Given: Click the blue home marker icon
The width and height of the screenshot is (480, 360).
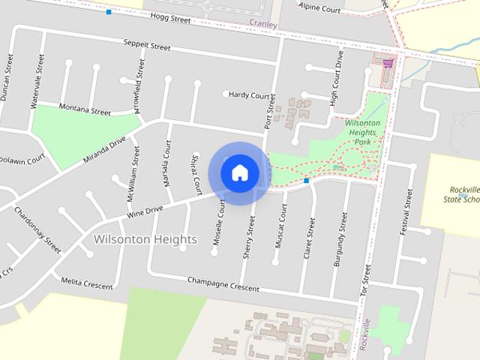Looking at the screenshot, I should (239, 172).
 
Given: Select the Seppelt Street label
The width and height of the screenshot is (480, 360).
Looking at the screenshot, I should (147, 46).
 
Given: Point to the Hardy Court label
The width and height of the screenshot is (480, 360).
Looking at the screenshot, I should (250, 95).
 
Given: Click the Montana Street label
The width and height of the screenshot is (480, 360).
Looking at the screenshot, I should (85, 109).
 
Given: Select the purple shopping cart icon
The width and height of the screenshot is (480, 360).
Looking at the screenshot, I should (388, 64).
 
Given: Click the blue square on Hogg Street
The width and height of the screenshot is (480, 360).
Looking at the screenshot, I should (109, 12).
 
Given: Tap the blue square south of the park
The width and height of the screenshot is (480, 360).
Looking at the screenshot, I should (307, 181).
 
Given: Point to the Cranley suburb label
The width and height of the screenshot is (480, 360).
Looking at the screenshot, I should (263, 24).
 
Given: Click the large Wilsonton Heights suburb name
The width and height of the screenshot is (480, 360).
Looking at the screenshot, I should (145, 239).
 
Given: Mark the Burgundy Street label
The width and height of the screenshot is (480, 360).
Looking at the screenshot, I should (340, 239).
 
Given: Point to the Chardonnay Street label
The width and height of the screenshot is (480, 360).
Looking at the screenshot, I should (37, 229).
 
